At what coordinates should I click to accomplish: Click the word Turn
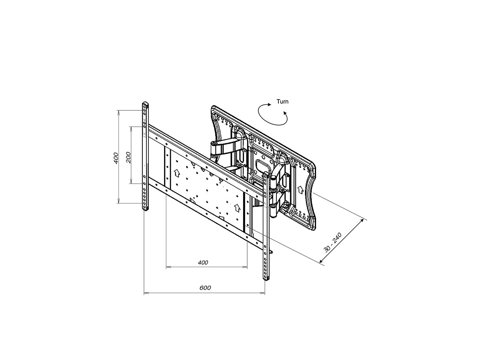coord(282,102)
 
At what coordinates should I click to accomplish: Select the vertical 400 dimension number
coord(116,158)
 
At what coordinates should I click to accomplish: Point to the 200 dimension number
coord(128,157)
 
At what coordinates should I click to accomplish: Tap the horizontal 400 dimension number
coord(203,262)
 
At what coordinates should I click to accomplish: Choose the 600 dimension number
coord(205,288)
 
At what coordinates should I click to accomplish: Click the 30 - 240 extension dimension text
coord(332,243)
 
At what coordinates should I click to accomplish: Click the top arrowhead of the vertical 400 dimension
coord(118,113)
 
